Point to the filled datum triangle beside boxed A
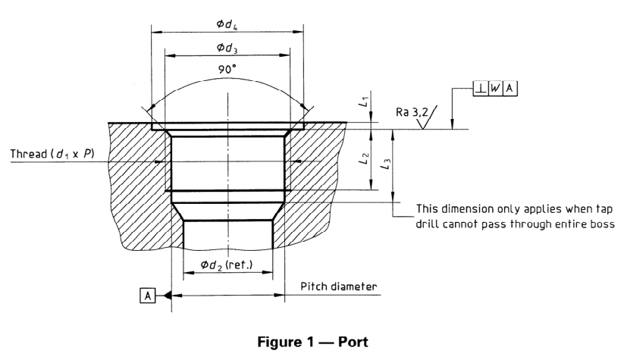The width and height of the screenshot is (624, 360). (166, 296)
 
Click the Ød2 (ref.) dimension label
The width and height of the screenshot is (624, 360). (226, 265)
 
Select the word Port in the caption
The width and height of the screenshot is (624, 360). (352, 343)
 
